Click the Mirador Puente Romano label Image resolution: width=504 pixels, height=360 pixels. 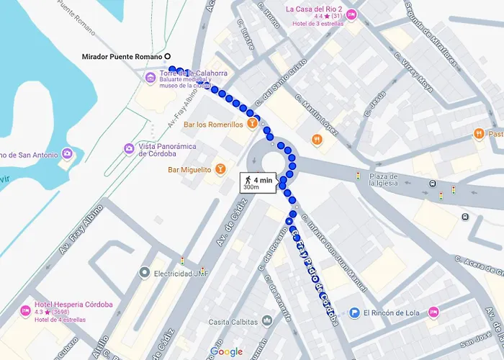tap(120, 56)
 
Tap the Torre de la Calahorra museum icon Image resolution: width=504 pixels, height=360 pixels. tap(150, 77)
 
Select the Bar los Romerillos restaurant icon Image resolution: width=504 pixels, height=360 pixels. tap(253, 124)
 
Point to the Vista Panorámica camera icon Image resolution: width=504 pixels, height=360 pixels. tap(128, 149)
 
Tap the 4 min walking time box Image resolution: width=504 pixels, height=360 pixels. tap(258, 182)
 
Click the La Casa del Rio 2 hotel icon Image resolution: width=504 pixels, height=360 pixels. tap(351, 14)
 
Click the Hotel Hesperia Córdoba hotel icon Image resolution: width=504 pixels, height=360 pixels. tap(26, 311)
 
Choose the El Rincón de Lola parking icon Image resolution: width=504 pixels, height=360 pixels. tap(354, 312)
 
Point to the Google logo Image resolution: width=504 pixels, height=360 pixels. tap(226, 351)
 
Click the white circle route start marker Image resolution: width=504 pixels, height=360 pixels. tap(168, 56)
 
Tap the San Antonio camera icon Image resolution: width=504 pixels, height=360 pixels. tap(66, 153)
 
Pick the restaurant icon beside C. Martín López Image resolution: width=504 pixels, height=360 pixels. tap(317, 139)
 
